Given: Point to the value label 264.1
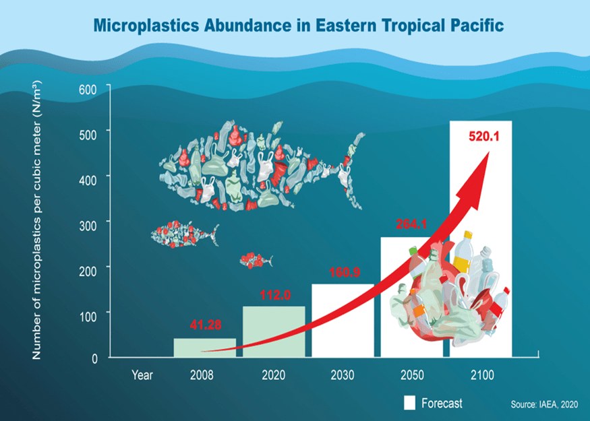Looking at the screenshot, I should click(412, 224).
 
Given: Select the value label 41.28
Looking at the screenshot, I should click(204, 327).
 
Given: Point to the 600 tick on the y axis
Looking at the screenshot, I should click(88, 89).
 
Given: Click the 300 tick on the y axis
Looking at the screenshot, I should click(88, 223).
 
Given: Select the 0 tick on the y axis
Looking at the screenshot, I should click(94, 358).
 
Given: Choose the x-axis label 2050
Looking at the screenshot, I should click(411, 375).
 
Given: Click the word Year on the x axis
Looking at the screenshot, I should click(142, 375).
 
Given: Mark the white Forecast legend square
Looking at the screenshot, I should click(409, 403).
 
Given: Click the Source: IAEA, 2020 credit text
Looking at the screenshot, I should click(545, 405).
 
